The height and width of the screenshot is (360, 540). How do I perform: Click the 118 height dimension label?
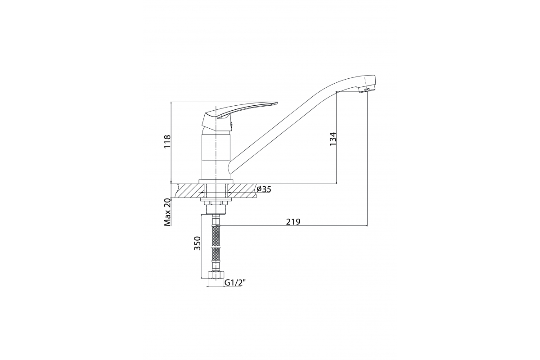coord(167,142)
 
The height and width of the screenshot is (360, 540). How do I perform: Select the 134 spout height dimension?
coord(333,139)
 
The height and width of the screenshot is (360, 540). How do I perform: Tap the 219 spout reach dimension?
coord(293,221)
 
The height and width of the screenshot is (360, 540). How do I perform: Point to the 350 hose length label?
coord(197,243)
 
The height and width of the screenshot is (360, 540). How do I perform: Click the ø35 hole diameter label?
coord(264,189)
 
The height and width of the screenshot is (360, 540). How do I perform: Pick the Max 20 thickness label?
coord(167,212)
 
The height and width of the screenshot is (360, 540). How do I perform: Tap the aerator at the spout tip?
coord(364,90)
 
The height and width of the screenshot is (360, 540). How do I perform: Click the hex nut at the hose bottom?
coord(216,275)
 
